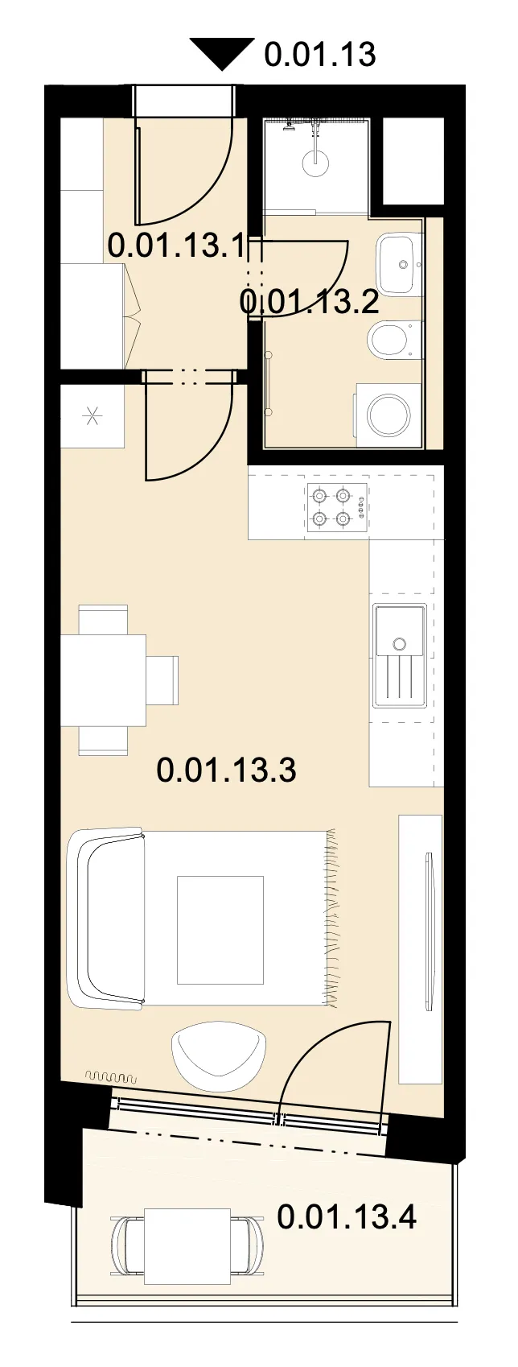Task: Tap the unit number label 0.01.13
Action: click(320, 54)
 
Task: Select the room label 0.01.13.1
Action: click(176, 246)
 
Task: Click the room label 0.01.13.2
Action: click(310, 301)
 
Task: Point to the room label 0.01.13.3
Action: click(227, 770)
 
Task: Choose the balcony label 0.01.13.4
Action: click(347, 1217)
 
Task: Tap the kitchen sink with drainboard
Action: click(400, 655)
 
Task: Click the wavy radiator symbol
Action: click(112, 1076)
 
